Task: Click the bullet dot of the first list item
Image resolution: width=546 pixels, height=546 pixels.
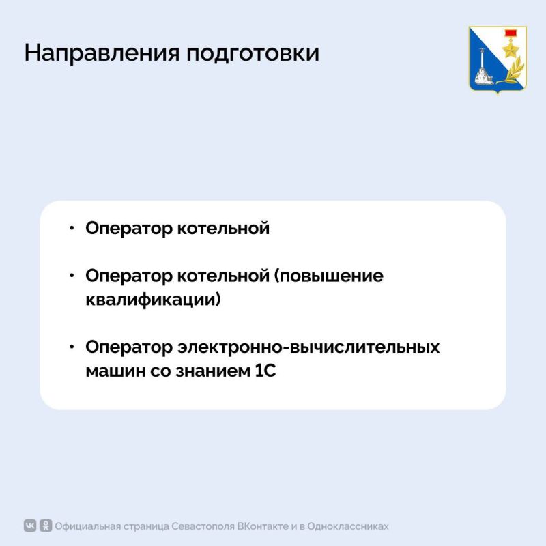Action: click(x=72, y=228)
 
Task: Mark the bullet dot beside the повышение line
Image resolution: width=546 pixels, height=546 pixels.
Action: click(x=72, y=276)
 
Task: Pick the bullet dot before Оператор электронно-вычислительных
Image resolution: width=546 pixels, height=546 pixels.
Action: click(x=72, y=347)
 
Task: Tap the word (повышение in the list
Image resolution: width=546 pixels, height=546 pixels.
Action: click(x=329, y=276)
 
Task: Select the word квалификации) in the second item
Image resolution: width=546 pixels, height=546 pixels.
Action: click(x=154, y=300)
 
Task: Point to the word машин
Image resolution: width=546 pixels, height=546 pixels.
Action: click(x=111, y=371)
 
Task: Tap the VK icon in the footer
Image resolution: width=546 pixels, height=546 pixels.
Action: click(x=31, y=526)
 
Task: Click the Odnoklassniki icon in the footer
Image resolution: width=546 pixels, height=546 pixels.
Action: click(x=46, y=526)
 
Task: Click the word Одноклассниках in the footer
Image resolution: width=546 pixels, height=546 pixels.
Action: click(x=349, y=526)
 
